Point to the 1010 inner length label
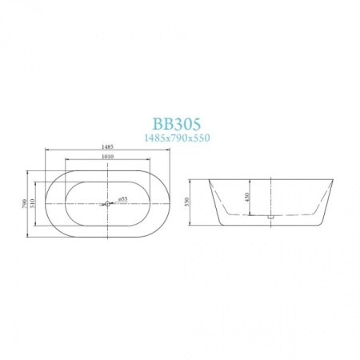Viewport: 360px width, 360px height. coord(106,158)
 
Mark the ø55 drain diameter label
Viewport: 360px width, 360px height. coord(122,198)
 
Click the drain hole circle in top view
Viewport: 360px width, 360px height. coord(106,203)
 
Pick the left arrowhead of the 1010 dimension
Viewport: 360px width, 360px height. coord(65,161)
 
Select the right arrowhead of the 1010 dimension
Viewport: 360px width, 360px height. coord(148,161)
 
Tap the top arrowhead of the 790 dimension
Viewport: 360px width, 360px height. coord(31,170)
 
